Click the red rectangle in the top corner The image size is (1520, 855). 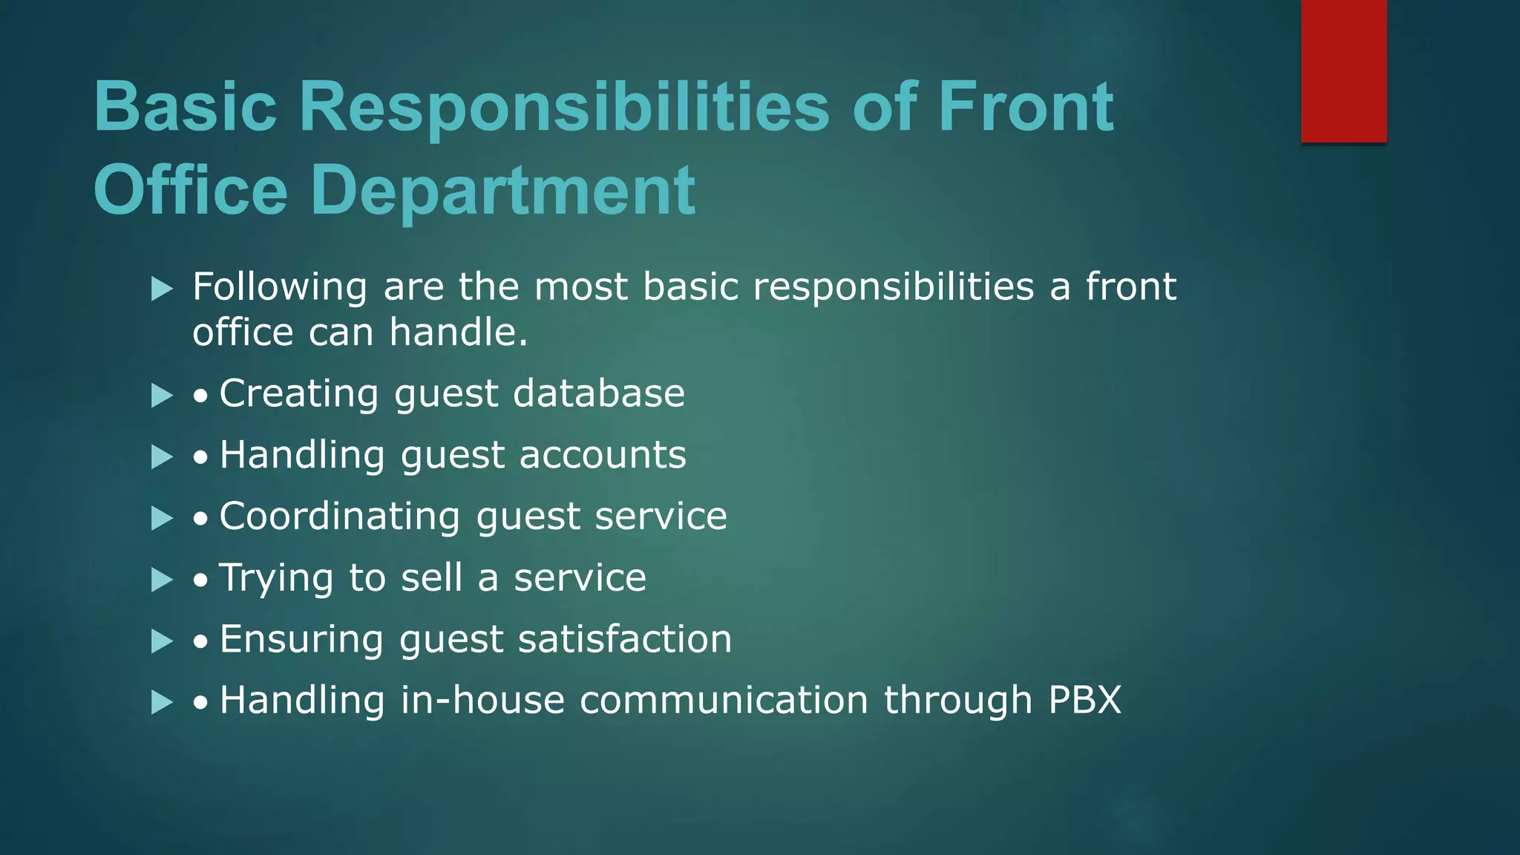[1343, 71]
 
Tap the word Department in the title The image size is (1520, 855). [502, 191]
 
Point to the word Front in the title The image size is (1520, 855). [1026, 108]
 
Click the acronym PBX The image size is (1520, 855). [1084, 701]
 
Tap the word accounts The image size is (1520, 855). [603, 455]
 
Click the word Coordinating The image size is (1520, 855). [339, 517]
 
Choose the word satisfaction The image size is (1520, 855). [624, 640]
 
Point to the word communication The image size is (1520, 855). [724, 701]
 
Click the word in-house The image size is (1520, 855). [482, 701]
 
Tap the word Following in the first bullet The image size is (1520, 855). [280, 288]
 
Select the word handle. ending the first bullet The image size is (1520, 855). [458, 332]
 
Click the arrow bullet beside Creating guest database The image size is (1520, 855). [162, 396]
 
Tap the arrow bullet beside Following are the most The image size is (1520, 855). [162, 289]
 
